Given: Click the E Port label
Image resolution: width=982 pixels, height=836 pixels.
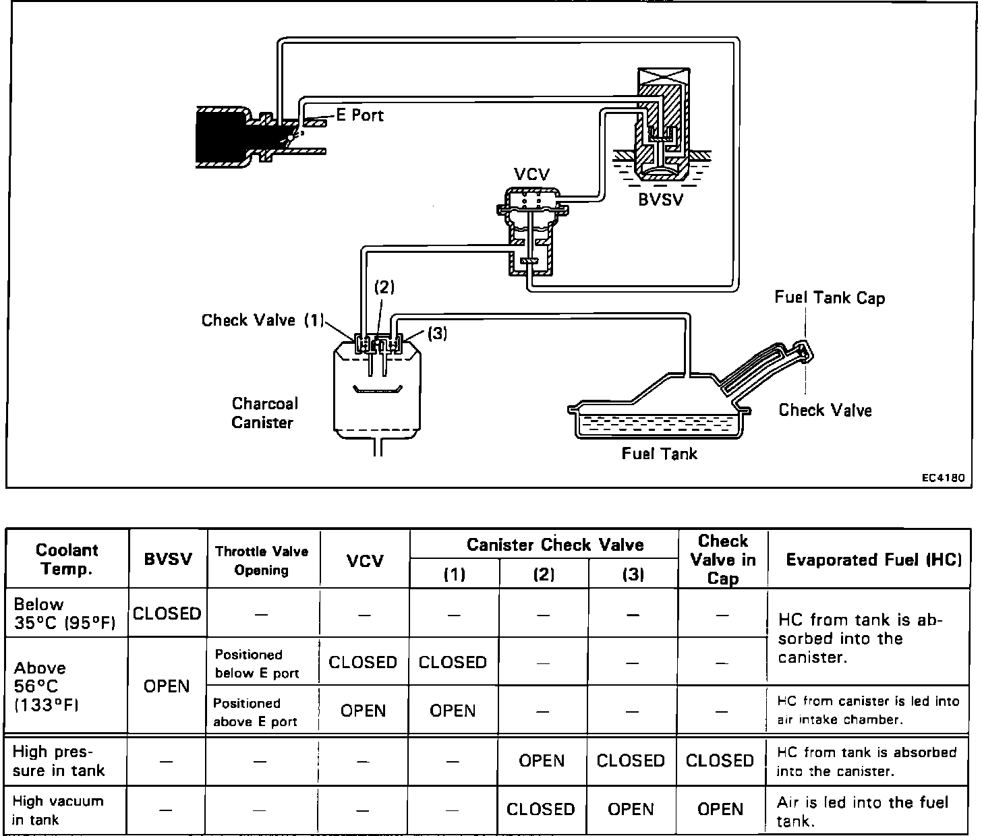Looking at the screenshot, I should click(x=359, y=115).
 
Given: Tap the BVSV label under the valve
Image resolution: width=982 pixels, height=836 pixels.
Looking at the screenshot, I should click(x=660, y=200).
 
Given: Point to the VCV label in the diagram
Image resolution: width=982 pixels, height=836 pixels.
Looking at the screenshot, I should click(x=531, y=175).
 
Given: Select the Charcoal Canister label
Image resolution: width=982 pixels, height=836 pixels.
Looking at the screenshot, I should click(x=264, y=413).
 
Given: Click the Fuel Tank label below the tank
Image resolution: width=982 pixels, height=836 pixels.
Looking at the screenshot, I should click(x=659, y=454).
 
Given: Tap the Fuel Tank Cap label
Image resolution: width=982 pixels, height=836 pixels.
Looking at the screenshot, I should click(x=829, y=297).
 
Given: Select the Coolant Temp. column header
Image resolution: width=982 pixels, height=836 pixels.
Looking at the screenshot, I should click(x=67, y=559).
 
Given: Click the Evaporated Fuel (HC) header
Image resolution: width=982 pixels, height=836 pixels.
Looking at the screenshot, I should click(x=874, y=560).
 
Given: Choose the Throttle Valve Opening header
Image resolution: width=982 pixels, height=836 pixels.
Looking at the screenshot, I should click(x=262, y=560).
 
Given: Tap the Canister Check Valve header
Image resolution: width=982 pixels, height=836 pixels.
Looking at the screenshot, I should click(x=555, y=545).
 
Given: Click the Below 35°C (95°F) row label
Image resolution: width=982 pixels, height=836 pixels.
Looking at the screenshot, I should click(x=64, y=614).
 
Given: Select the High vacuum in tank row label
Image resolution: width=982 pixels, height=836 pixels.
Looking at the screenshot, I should click(x=58, y=810).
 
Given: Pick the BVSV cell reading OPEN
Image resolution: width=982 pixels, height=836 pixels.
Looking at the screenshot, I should click(x=167, y=686).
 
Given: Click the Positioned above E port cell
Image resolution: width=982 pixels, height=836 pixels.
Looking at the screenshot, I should click(x=256, y=712).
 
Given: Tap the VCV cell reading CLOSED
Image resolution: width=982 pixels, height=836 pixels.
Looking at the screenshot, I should click(x=363, y=662).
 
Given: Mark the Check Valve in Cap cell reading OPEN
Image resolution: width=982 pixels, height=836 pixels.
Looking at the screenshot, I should click(x=720, y=809).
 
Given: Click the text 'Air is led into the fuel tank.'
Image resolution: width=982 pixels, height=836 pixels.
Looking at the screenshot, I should click(x=863, y=811).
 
